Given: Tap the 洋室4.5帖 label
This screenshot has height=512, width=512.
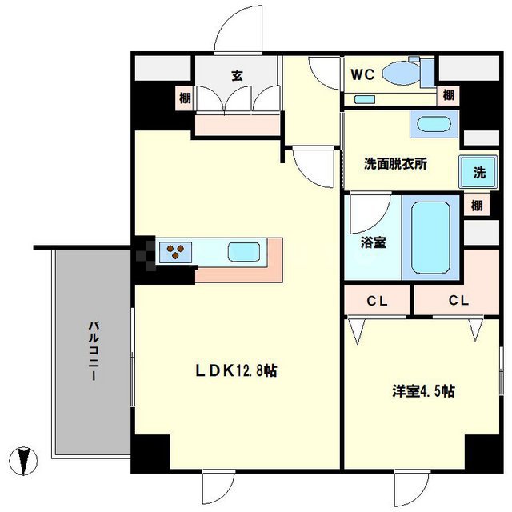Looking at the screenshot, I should [x=423, y=392].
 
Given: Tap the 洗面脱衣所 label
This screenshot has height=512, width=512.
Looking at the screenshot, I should [x=395, y=164].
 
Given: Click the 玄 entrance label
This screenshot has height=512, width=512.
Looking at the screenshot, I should [x=238, y=76].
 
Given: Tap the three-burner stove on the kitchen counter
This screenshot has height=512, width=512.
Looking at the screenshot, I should [x=176, y=253].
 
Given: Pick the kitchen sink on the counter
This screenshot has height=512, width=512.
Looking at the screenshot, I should [x=243, y=253].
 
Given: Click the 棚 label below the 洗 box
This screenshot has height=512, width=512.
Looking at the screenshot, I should [x=477, y=205].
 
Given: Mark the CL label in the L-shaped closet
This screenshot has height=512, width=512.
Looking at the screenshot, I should [x=458, y=302].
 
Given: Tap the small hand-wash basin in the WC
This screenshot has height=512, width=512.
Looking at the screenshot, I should [x=365, y=99].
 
